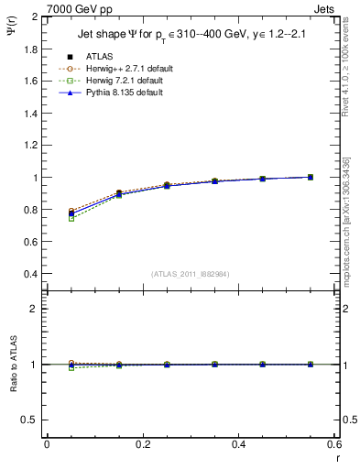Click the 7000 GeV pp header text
[82, 9]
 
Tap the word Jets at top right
[326, 9]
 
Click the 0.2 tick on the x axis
[142, 445]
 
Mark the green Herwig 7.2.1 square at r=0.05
[71, 218]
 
